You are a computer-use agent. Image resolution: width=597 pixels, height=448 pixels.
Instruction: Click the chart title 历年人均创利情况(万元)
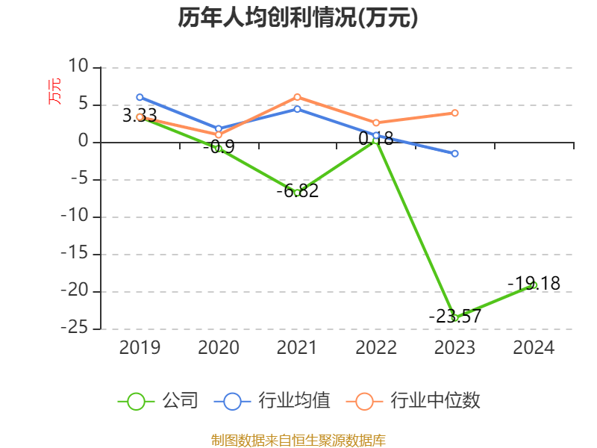pos(298,17)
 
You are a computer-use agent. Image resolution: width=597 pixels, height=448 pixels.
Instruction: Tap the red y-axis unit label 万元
pos(55,90)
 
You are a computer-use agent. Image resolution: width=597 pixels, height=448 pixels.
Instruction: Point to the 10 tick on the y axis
pos(78,67)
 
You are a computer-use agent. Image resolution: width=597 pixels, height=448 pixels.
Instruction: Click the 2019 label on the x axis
pos(140,348)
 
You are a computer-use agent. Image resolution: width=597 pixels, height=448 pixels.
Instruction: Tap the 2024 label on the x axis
pos(534,348)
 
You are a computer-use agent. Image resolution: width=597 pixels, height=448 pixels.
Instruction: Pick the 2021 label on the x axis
pos(297,348)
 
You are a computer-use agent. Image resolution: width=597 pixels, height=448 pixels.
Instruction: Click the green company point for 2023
pos(454,318)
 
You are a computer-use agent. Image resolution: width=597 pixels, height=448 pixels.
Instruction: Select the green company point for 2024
pos(534,284)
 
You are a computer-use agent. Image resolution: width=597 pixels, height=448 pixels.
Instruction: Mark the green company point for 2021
pos(297,193)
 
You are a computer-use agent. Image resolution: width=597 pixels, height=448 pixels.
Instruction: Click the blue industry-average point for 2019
pos(140,97)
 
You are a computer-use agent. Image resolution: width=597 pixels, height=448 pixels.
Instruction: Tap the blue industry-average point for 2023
pos(454,153)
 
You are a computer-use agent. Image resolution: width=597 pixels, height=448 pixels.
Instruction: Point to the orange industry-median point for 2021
pos(297,97)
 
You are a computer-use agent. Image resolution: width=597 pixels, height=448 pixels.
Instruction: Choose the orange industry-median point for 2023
pos(454,113)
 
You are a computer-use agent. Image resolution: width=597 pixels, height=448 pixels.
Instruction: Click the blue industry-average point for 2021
pos(297,109)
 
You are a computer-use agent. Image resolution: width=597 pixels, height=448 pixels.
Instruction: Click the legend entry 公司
pos(158,401)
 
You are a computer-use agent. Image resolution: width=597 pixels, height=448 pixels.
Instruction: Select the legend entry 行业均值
pos(272,401)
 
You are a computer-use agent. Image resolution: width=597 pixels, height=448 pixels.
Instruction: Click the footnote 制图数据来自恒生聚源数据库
pos(298,440)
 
